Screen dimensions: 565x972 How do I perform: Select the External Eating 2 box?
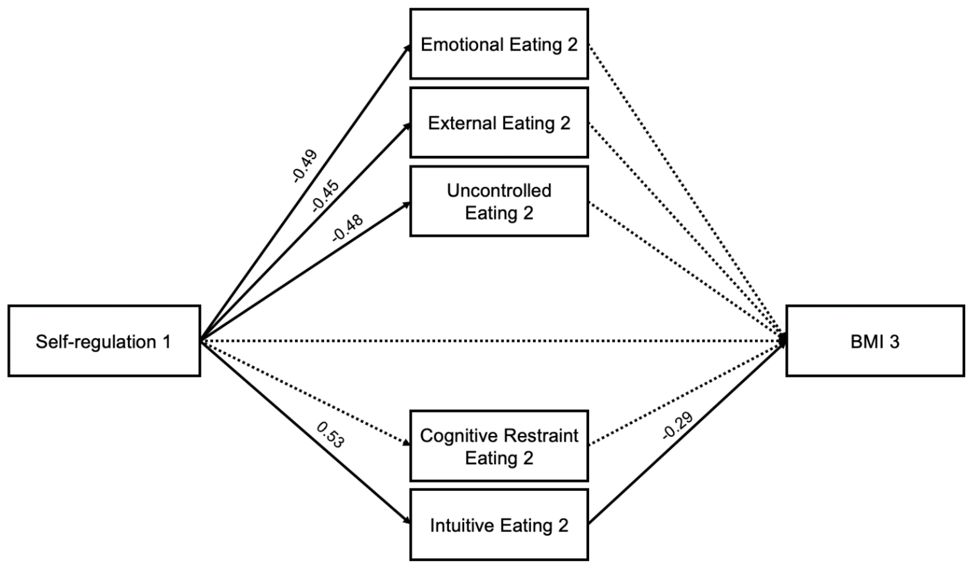(x=499, y=123)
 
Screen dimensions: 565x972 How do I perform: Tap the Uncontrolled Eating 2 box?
(x=499, y=201)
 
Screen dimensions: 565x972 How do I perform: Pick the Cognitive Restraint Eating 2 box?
(x=499, y=446)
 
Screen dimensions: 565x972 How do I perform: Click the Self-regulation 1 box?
(x=104, y=341)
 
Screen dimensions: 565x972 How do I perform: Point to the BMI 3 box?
(x=875, y=341)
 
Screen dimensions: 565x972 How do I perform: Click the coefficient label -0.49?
(x=305, y=166)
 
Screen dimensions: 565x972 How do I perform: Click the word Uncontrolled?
(x=499, y=191)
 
